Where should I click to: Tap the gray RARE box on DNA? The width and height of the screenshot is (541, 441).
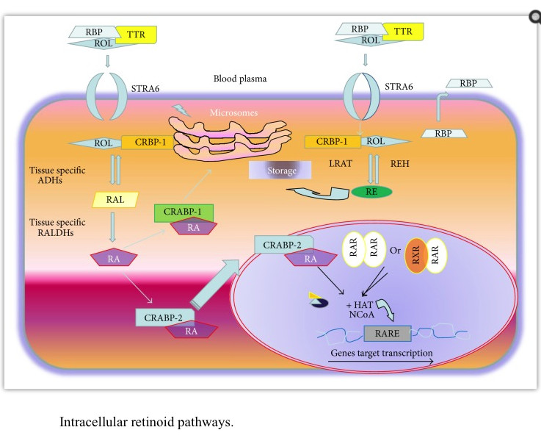(x=387, y=334)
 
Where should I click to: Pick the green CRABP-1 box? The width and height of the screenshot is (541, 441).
(x=183, y=212)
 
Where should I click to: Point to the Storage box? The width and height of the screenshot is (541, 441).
(x=282, y=171)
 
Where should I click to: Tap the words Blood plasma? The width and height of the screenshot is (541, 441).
(x=239, y=78)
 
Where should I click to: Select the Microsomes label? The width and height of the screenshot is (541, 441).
(x=233, y=112)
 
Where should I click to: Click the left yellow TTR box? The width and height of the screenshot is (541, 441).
(x=136, y=35)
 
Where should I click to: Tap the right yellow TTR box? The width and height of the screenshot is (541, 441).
(x=403, y=31)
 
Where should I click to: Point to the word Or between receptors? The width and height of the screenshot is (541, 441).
(x=396, y=251)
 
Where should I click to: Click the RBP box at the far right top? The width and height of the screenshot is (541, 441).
(x=468, y=84)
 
